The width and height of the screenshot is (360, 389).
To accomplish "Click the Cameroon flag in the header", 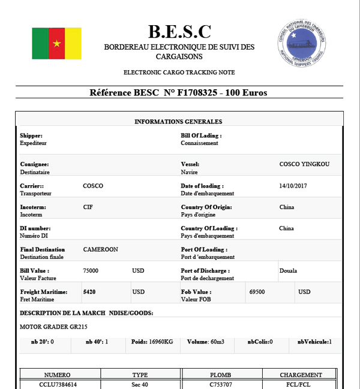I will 56,43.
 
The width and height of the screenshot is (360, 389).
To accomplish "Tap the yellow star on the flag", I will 57,44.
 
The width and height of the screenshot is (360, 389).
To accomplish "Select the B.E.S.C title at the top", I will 179,31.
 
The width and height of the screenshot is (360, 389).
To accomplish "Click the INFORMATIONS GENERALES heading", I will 178,122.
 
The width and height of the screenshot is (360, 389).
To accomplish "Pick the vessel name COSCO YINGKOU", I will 304,164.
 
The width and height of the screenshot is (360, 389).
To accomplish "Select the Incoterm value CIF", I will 88,207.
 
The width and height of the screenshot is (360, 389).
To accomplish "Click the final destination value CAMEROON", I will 101,249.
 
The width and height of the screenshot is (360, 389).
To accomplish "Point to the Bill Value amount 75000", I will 91,271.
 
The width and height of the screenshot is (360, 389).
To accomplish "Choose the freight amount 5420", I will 90,292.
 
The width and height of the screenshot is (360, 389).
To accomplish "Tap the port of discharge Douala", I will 289,271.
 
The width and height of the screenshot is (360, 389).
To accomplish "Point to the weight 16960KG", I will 160,342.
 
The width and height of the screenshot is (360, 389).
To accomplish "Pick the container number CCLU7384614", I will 58,384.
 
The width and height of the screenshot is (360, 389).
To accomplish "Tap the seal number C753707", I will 220,384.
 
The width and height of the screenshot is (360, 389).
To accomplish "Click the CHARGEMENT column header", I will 301,375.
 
